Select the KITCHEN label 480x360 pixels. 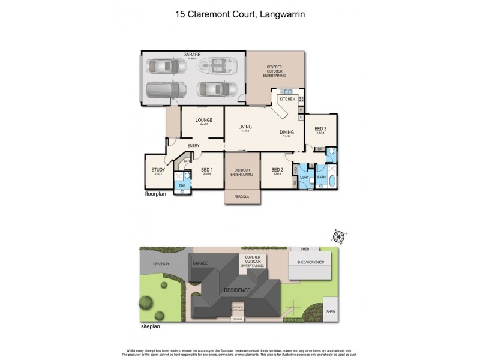(286, 99)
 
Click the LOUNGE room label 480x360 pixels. (204, 120)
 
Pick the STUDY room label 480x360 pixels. (158, 170)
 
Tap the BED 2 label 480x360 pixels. (277, 170)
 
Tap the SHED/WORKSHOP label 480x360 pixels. (311, 262)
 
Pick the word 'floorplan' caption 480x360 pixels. (155, 195)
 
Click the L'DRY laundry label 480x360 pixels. (304, 177)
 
